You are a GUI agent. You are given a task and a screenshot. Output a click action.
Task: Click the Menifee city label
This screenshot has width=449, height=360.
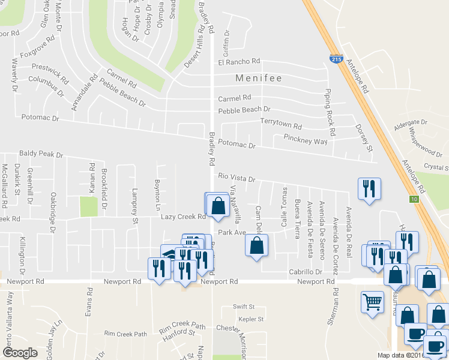pos(259,79)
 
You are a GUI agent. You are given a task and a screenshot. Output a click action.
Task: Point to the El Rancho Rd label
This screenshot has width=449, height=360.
pos(239,62)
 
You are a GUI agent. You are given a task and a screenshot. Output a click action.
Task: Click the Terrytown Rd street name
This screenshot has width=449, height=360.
pos(281,122)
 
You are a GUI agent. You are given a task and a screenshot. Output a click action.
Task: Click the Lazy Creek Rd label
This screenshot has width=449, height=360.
pos(183,217)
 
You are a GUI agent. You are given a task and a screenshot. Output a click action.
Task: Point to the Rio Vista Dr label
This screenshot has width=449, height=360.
pos(237,178)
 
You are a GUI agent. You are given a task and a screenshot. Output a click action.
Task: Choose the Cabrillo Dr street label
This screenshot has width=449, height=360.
pos(306,272)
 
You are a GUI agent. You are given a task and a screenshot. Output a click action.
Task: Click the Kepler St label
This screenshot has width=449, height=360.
pos(251,319)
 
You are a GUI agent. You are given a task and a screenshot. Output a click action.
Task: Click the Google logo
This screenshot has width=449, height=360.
pos(20,353)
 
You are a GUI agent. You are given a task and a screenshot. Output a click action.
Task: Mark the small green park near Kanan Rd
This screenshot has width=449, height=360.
pos(88,207)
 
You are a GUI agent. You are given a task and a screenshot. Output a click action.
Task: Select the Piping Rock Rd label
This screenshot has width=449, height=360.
pos(329,106)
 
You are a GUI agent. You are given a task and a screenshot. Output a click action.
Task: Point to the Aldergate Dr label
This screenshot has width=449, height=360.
pos(410,122)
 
